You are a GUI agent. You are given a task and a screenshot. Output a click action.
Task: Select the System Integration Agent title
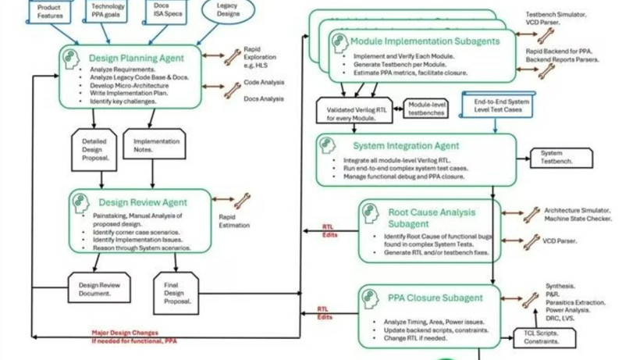405,145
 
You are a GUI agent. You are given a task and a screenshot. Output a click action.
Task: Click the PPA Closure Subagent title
436,298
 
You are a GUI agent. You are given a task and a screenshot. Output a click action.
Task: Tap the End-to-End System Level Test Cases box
497,105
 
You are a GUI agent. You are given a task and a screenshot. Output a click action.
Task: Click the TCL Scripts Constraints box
545,337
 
